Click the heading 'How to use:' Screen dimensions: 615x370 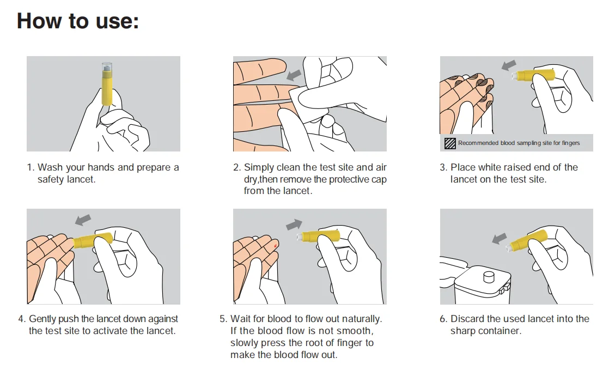pos(78,21)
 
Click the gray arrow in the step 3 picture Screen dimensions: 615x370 pos(509,65)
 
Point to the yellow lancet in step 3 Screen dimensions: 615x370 pos(537,76)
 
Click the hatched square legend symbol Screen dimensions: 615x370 pos(450,143)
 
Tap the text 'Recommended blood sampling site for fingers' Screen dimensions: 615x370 pos(519,143)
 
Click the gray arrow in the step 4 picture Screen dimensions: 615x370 pos(83,219)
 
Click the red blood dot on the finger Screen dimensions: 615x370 pos(276,246)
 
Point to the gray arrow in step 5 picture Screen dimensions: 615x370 pos(294,224)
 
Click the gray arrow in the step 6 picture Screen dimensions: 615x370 pos(499,238)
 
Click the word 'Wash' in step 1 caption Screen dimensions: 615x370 pos(50,167)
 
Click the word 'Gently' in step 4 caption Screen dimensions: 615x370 pos(44,319)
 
